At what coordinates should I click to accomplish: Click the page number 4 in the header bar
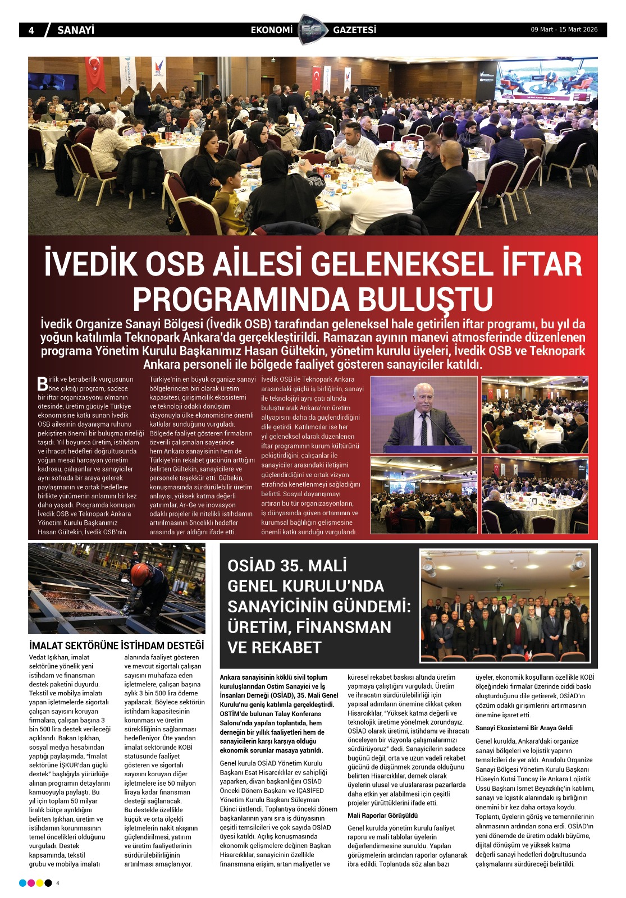pos(31,30)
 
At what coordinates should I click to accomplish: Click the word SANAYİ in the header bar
pos(76,30)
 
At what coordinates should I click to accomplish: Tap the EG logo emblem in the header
pos(313,29)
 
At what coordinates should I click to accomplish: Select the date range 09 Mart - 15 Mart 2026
pos(564,30)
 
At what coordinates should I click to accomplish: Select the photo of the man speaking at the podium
pos(424,414)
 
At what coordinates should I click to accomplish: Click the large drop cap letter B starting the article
pos(43,384)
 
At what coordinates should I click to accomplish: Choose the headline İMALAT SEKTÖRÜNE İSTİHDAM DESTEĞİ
pos(116,645)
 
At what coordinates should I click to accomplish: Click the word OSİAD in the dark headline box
pos(252,566)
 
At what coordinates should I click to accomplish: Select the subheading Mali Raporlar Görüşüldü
pos(382,815)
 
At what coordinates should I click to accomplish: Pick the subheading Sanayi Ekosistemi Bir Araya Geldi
pos(524,728)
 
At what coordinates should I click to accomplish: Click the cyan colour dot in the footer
pos(22,883)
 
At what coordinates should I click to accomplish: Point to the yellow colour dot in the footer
pos(40,883)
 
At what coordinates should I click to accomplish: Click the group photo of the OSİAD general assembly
pos(505,606)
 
